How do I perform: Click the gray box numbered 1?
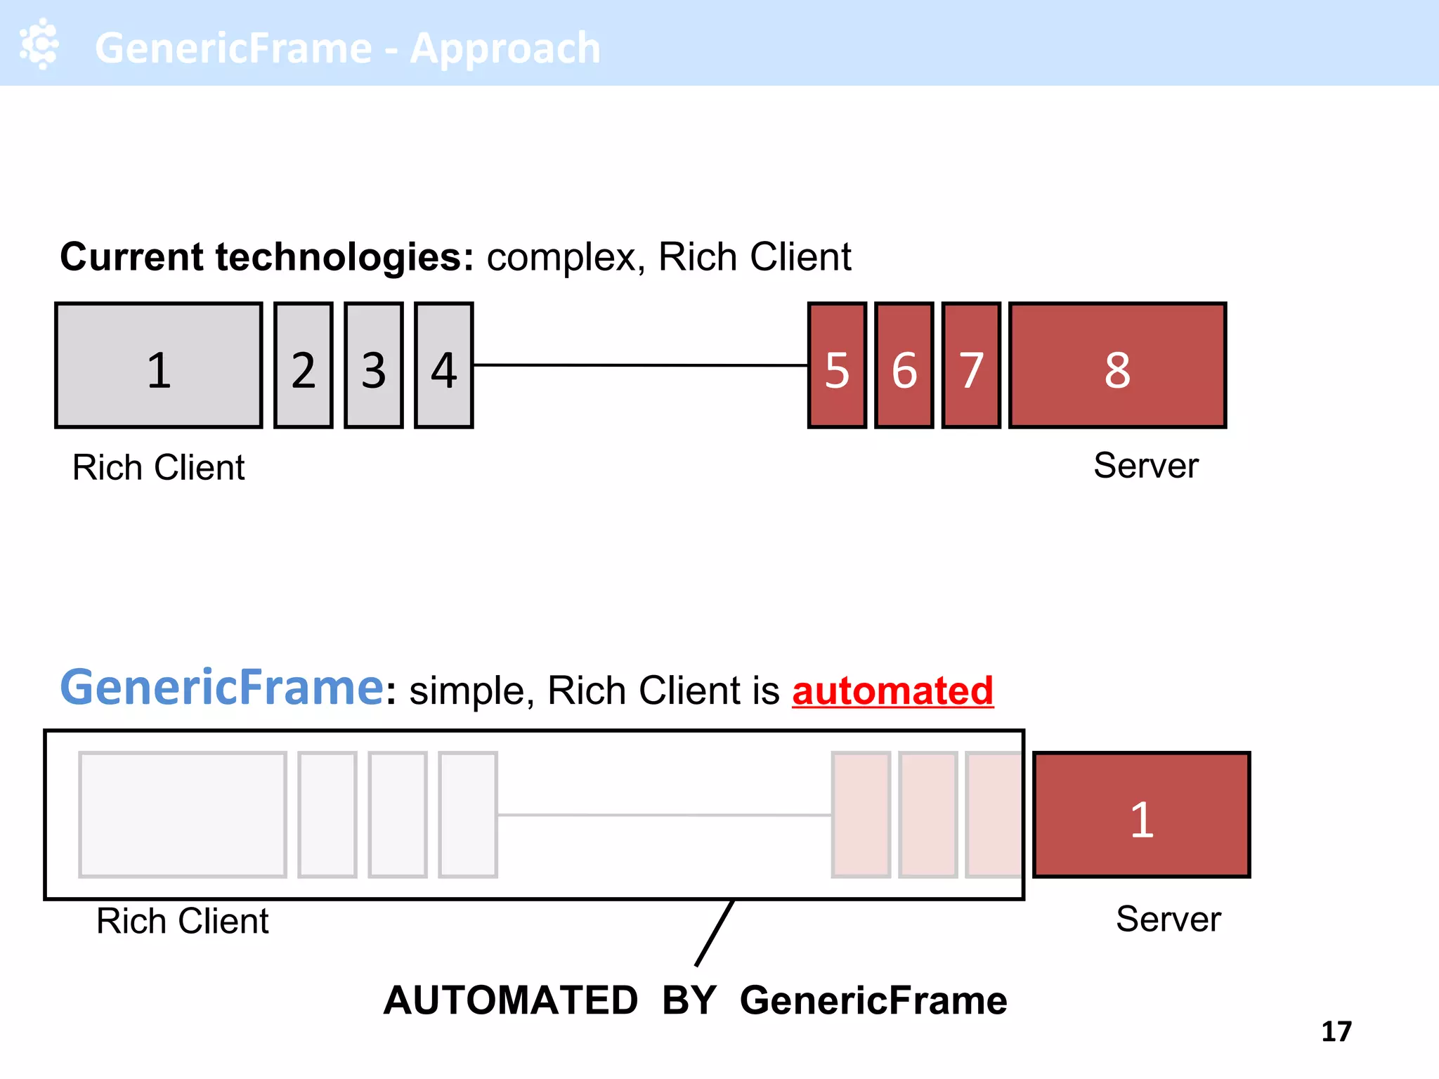pos(159,365)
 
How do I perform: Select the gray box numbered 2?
pos(304,365)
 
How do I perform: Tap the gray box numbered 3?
pos(374,365)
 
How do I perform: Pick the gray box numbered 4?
pos(444,365)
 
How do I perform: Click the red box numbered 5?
pos(837,365)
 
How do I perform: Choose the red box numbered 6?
pos(904,365)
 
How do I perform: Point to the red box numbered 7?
pos(971,365)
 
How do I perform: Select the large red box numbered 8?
pos(1117,365)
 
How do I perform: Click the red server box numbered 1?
pos(1142,815)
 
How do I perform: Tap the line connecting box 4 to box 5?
pos(639,365)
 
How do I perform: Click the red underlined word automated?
pos(892,691)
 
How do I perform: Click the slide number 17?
pos(1336,1031)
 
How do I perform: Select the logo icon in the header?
pos(39,44)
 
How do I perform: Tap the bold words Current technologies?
pos(267,256)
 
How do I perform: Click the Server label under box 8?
pos(1145,465)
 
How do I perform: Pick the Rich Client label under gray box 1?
pos(159,467)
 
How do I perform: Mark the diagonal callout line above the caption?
pos(715,933)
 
